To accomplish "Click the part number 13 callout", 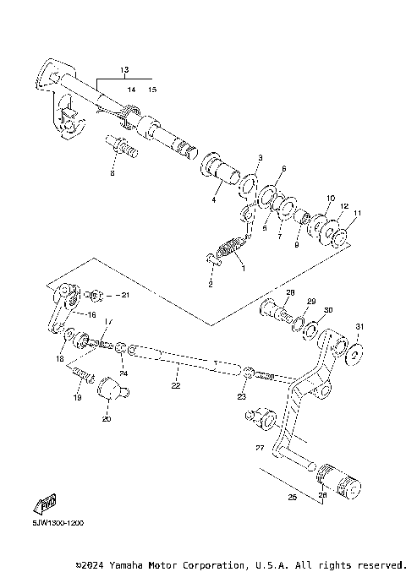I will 123,68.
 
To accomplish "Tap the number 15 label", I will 152,88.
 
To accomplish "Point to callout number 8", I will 111,173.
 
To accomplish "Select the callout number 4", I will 214,199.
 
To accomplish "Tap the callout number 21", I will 124,295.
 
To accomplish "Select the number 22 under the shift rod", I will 176,386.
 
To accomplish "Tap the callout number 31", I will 359,327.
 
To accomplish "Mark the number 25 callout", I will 293,498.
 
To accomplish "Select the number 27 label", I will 260,449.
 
